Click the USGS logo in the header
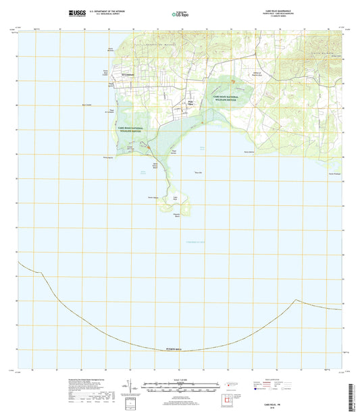(x=75, y=12)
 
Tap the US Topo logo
(x=180, y=13)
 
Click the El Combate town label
(x=128, y=74)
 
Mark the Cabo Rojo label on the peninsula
(x=174, y=198)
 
